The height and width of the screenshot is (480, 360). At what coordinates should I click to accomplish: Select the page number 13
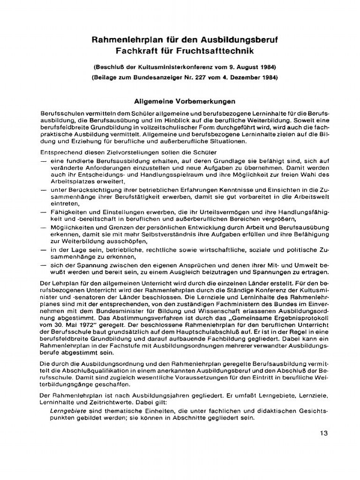[323, 433]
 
